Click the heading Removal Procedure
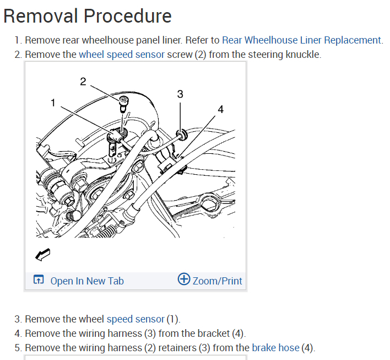click(88, 16)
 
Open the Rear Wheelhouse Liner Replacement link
click(301, 40)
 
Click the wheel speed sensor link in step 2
click(122, 55)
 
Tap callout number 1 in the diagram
click(53, 103)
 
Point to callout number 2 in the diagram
click(83, 82)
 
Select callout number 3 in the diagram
click(180, 94)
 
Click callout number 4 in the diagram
click(220, 109)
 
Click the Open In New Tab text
click(87, 281)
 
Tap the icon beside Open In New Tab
click(38, 281)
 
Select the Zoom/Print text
click(218, 281)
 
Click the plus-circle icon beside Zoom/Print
click(184, 280)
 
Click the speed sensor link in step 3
click(136, 319)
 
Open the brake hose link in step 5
click(275, 348)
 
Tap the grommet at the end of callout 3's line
click(180, 133)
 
